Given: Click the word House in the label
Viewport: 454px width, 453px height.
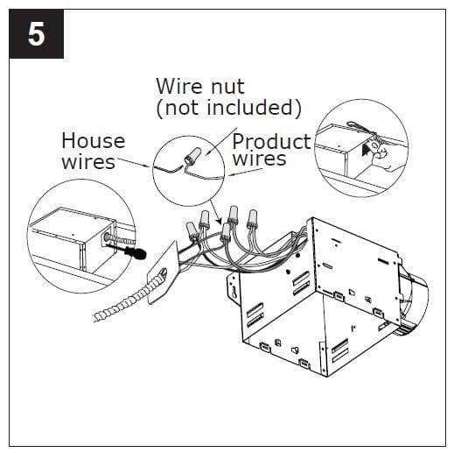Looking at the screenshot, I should tap(93, 141).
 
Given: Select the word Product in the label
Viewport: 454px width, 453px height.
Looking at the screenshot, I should tap(271, 141).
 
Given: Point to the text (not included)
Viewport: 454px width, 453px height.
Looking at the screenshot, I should tap(228, 109).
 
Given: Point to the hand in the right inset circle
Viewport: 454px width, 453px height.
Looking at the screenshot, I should tap(383, 154).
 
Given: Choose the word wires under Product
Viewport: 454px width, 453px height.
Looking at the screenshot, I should tap(260, 159).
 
